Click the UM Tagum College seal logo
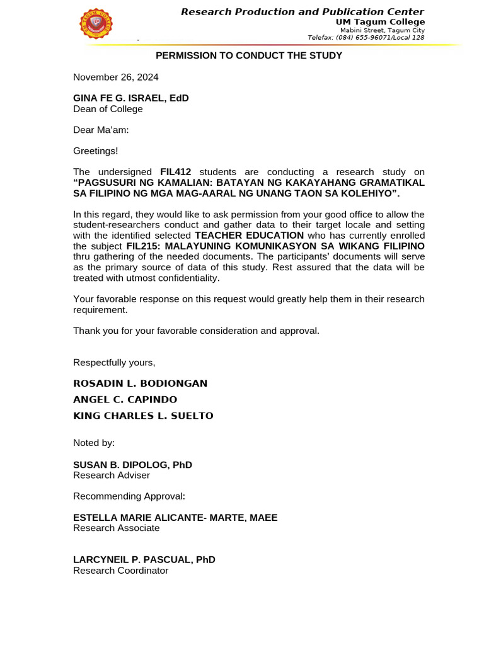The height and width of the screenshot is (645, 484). coord(96,24)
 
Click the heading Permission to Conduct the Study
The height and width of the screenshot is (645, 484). coord(249,55)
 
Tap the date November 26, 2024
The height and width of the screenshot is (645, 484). coord(115,77)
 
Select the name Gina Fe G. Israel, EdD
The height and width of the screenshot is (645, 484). coord(130,98)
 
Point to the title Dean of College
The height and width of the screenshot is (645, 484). coord(108,109)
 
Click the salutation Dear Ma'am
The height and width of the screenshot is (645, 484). coord(101,130)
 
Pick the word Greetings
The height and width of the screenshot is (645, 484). coord(95,151)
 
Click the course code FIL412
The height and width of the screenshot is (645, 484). coord(175,172)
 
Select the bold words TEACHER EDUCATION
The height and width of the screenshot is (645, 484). coord(249,236)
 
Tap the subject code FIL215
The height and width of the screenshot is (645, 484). coord(142,246)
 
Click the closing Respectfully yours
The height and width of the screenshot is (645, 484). coord(114,362)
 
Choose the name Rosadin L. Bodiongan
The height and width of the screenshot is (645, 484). coord(140,383)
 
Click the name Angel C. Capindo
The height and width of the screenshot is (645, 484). coord(125,399)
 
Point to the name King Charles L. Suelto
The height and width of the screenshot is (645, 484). coord(143,416)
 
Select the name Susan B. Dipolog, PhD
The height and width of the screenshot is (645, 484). coord(132,465)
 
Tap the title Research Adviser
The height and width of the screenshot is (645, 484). coord(112,476)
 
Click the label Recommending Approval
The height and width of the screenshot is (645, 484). coord(129,496)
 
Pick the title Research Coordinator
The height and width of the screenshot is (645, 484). coord(120,571)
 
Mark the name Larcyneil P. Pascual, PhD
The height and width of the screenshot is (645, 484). coord(144,559)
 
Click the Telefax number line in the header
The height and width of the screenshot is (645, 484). coord(366,38)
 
